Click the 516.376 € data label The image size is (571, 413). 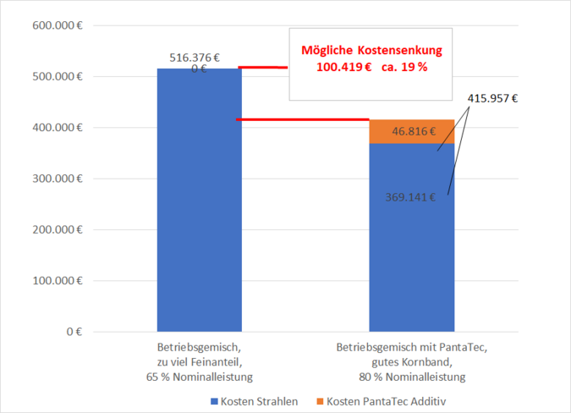(x=195, y=58)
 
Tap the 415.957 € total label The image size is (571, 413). (x=492, y=98)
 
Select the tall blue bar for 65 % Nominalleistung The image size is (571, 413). (x=200, y=203)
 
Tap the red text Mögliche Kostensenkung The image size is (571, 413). (x=371, y=51)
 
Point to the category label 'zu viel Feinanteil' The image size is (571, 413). (x=200, y=361)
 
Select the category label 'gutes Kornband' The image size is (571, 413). (x=412, y=361)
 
